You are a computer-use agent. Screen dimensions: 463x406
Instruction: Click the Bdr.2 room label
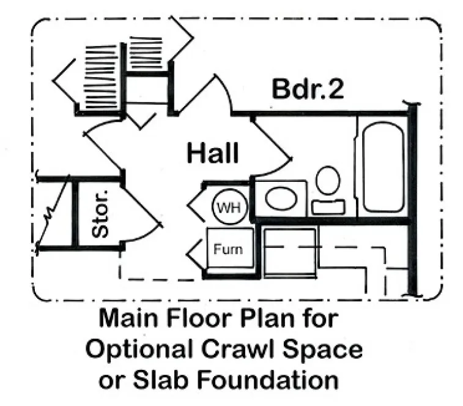[308, 89]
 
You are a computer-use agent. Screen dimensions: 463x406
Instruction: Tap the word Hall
[213, 152]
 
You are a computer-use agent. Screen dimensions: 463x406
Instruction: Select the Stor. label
[100, 214]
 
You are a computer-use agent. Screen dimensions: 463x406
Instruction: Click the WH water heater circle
[229, 207]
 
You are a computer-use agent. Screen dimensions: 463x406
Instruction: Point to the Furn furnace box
[230, 248]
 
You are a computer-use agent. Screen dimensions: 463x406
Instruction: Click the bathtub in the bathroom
[383, 167]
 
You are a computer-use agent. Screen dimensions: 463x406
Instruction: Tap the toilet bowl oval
[328, 181]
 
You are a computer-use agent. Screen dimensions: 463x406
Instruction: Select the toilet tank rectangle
[328, 207]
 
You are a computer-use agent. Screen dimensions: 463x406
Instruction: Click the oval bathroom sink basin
[281, 198]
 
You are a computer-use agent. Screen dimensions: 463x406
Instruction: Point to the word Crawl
[238, 349]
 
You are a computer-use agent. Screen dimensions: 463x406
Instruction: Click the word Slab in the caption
[160, 380]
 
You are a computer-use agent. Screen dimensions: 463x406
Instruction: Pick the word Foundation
[267, 380]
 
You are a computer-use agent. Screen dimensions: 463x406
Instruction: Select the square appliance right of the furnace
[290, 253]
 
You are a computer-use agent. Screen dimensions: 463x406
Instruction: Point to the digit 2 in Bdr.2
[336, 89]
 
